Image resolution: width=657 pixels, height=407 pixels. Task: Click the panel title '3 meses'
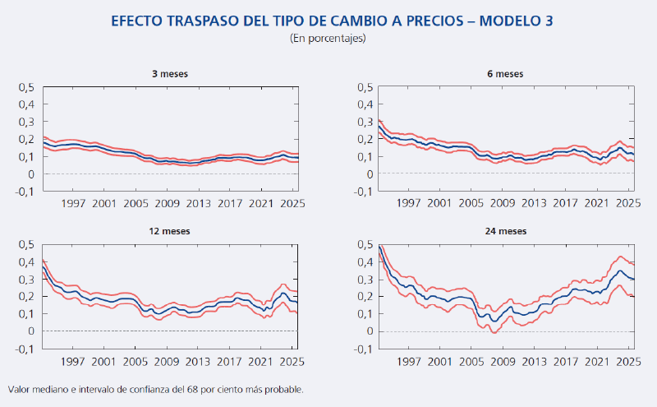tap(170, 73)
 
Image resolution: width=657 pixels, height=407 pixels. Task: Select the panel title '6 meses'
tap(504, 73)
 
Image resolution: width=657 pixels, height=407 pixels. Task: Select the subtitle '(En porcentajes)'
tap(328, 38)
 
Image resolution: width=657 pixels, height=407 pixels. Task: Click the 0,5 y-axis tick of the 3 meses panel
tap(26, 87)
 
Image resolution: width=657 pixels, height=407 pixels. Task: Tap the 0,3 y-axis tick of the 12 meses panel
tap(26, 280)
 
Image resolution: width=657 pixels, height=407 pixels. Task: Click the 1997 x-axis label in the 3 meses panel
tap(73, 203)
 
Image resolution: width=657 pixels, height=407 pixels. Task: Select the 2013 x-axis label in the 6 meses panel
tap(534, 203)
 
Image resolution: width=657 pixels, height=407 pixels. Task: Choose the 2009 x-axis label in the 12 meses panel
tap(168, 360)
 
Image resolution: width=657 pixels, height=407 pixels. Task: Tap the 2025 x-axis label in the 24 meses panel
tap(628, 360)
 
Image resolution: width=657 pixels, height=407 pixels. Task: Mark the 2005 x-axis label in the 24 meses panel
tap(471, 360)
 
